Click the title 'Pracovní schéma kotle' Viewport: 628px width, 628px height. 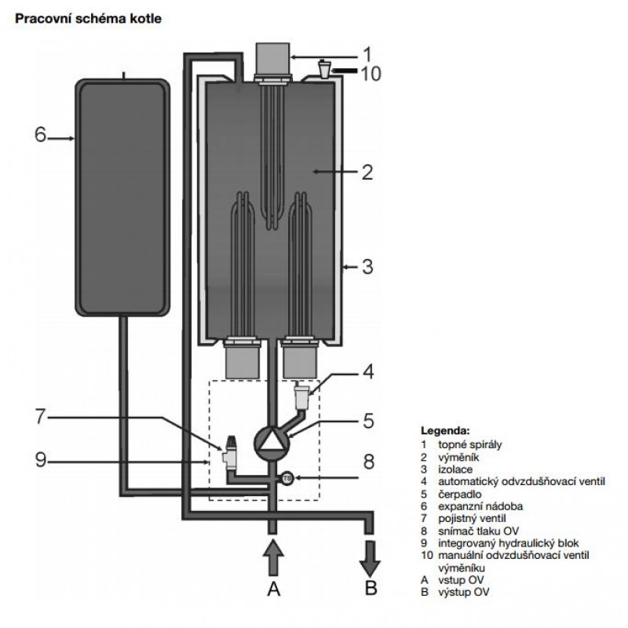[x=88, y=19]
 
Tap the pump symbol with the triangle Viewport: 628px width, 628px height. [x=272, y=443]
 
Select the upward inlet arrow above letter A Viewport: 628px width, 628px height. [x=273, y=558]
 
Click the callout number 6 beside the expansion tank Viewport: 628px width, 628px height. [x=41, y=134]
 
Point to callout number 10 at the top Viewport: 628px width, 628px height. [x=371, y=74]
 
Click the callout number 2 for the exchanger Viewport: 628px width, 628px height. [x=367, y=172]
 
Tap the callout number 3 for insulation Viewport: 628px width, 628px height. [x=367, y=266]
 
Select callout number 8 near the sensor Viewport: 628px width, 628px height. [x=368, y=462]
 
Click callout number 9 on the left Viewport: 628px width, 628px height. [x=41, y=460]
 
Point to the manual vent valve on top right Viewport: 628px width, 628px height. [x=324, y=68]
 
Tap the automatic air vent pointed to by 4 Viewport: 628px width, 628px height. [x=301, y=396]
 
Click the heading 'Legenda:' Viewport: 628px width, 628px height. [x=445, y=431]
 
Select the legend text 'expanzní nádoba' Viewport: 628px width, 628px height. [x=480, y=506]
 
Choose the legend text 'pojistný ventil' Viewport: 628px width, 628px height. [x=472, y=519]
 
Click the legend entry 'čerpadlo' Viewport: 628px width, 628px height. [x=459, y=495]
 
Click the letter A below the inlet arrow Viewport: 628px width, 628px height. [x=273, y=590]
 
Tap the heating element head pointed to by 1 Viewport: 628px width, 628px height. [x=272, y=60]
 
